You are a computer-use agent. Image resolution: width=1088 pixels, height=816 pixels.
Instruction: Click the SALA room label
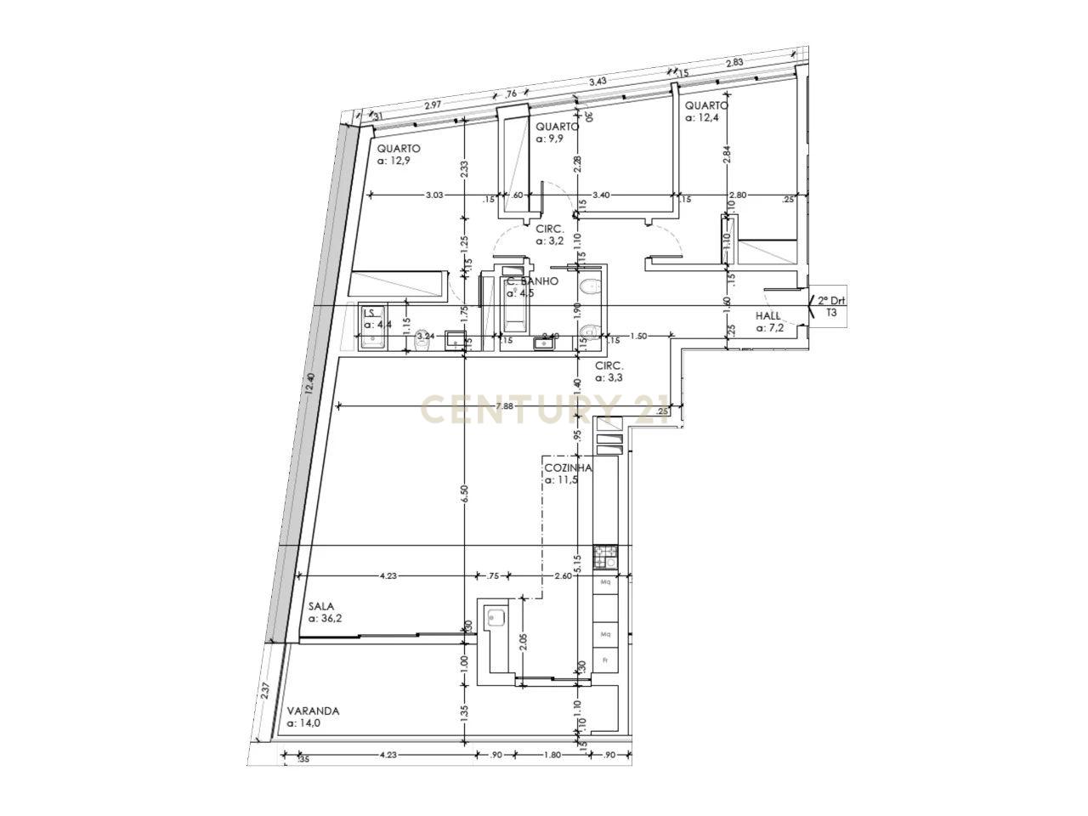(321, 606)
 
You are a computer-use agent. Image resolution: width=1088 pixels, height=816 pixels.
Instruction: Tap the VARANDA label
(313, 711)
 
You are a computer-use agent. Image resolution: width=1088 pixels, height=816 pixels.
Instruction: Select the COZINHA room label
(568, 467)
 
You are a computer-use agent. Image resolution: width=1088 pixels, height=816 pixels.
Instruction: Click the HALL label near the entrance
(768, 315)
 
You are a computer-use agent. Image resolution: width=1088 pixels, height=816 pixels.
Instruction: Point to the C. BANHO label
(532, 281)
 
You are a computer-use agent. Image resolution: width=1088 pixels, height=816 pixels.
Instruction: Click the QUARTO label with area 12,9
(399, 148)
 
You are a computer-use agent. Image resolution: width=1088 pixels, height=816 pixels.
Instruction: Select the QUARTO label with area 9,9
(557, 127)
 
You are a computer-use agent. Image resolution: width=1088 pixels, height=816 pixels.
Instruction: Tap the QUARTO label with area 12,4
(706, 106)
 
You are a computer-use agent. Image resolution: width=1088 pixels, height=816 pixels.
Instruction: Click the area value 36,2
(328, 619)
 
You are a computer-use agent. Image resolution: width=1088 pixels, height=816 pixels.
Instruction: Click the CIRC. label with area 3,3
(609, 365)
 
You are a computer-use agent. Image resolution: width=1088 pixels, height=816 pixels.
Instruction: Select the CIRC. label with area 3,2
(550, 229)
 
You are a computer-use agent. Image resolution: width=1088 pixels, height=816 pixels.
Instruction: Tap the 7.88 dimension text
(504, 406)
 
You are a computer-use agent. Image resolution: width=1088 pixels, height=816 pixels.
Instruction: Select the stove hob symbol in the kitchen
(607, 557)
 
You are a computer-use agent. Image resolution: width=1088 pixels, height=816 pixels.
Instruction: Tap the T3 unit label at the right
(831, 313)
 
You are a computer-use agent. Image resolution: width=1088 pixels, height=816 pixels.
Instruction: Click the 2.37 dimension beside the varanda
(266, 691)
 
